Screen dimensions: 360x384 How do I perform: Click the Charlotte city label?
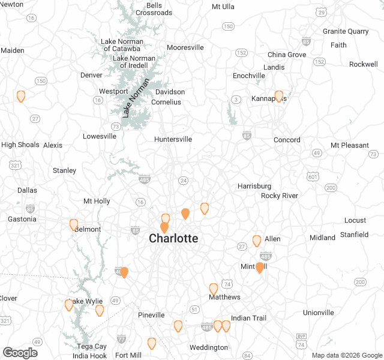173,238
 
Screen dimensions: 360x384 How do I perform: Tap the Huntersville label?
173,139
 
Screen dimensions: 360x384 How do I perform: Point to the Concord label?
287,140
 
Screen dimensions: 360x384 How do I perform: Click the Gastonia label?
21,219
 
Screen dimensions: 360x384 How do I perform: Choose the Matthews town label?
224,297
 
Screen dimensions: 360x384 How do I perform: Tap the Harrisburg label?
254,186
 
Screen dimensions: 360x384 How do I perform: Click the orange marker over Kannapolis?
278,96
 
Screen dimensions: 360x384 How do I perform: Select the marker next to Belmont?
74,224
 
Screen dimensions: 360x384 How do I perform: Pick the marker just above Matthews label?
214,289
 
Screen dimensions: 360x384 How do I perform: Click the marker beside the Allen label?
257,240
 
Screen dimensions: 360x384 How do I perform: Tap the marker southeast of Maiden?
21,95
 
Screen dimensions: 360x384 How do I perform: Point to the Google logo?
20,353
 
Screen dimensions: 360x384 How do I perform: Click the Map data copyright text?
346,355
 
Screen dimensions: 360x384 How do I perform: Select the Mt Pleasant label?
350,145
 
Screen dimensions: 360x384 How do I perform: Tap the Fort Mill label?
128,355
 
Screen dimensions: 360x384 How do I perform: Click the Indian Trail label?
248,318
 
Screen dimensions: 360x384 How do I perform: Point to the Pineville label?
151,315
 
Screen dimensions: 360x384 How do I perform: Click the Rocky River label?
280,196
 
